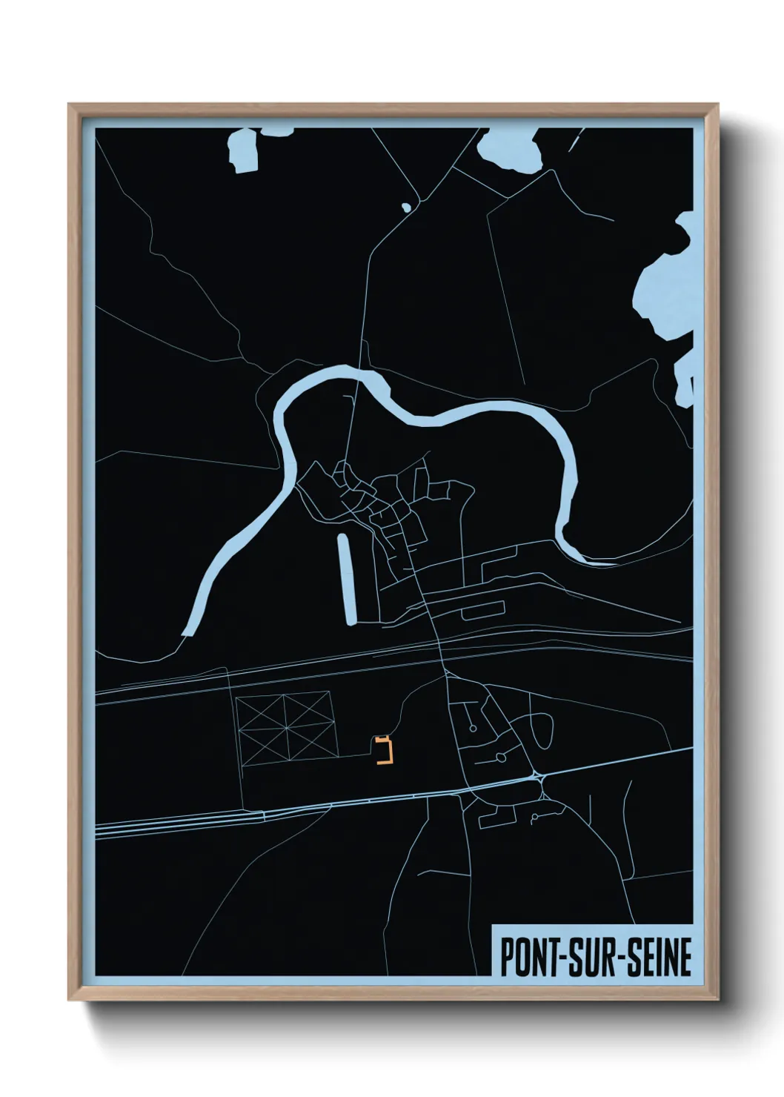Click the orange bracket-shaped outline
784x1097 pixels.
click(384, 749)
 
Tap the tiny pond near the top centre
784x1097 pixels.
click(405, 208)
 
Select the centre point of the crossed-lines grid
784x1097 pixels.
click(287, 726)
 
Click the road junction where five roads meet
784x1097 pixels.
click(539, 778)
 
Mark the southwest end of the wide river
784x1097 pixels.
click(187, 631)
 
